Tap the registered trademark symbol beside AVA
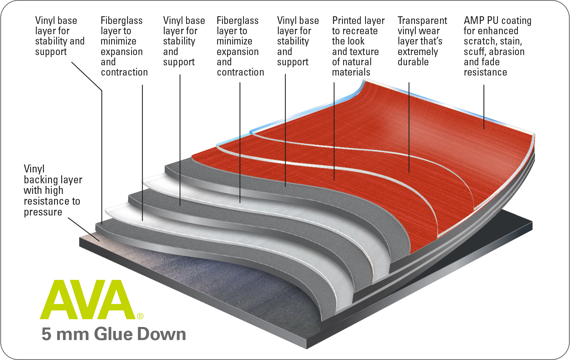[x=140, y=316]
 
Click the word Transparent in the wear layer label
[x=422, y=21]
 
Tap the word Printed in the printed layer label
[x=347, y=21]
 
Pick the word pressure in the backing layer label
[x=43, y=212]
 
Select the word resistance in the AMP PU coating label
[x=485, y=72]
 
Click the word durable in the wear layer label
[x=413, y=62]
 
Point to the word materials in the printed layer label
[x=351, y=72]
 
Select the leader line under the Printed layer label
[x=334, y=131]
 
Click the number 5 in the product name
[x=46, y=334]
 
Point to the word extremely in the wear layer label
[x=418, y=52]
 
